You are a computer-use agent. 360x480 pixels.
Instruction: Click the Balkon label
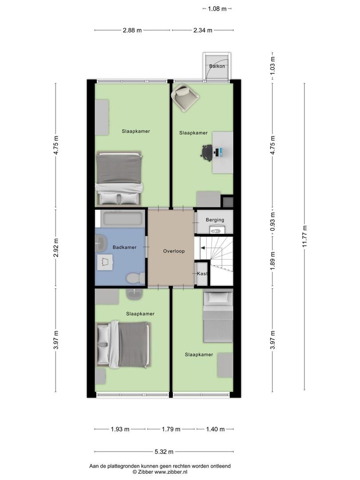[217, 66]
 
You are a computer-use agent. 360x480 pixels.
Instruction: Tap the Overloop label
[174, 251]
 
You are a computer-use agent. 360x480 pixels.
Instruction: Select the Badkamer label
[124, 247]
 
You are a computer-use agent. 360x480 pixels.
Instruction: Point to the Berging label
[215, 220]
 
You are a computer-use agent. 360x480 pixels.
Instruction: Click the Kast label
[202, 274]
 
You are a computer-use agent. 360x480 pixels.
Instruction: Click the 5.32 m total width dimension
[164, 452]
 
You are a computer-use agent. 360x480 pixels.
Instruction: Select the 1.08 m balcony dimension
[217, 9]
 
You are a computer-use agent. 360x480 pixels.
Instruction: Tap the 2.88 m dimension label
[132, 30]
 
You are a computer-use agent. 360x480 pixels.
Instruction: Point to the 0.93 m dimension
[273, 221]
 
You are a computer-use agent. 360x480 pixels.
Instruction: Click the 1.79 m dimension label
[171, 429]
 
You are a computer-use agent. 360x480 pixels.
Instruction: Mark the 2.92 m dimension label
[56, 248]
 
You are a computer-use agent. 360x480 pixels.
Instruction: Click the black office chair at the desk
[207, 152]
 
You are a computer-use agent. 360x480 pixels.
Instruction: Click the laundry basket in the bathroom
[105, 262]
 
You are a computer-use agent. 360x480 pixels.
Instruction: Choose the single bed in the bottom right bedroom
[218, 316]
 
